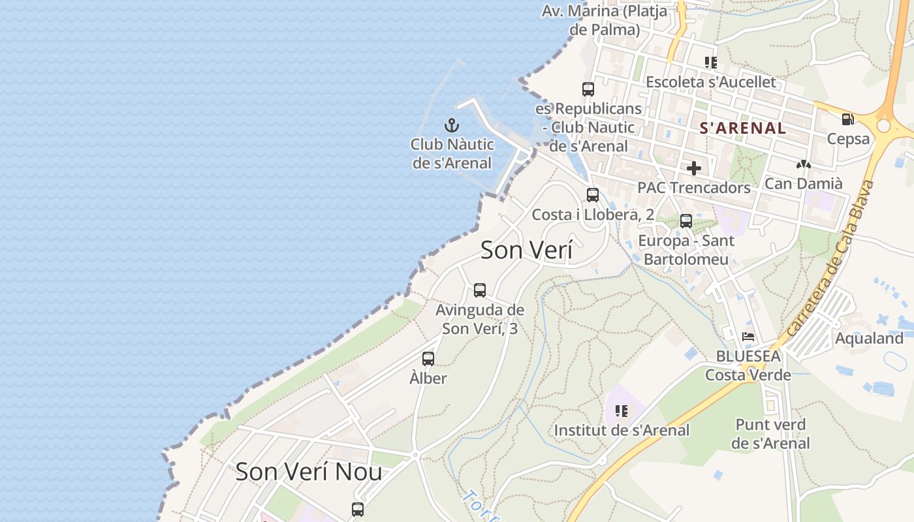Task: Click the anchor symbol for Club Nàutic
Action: [x=452, y=125]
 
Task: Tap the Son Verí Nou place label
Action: [x=308, y=471]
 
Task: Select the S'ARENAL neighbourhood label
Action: [x=743, y=128]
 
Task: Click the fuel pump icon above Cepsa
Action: [x=847, y=119]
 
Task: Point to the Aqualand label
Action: [x=869, y=338]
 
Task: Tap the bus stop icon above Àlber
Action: [x=428, y=358]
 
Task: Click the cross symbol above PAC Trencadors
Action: [x=693, y=168]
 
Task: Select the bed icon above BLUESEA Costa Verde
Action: [x=748, y=337]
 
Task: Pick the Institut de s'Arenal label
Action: [x=622, y=430]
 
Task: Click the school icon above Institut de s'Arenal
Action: [x=621, y=411]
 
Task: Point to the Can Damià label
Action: [x=803, y=183]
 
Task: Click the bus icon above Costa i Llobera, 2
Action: [x=592, y=194]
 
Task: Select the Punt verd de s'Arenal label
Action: [x=770, y=434]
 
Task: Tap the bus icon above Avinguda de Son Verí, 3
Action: [x=480, y=290]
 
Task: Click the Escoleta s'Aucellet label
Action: [x=710, y=82]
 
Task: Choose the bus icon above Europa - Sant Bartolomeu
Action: [x=685, y=221]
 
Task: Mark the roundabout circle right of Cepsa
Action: [x=885, y=125]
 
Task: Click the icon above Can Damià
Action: [x=803, y=165]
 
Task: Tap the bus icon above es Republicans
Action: [x=588, y=89]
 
